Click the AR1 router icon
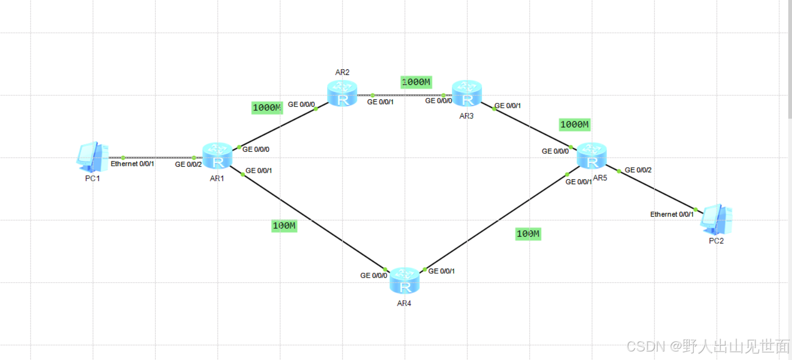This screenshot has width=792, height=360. tap(217, 156)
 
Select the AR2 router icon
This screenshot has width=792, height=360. tap(342, 93)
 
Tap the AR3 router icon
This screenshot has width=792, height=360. tap(467, 93)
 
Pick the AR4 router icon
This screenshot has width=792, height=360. tap(404, 281)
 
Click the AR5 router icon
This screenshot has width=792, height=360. tap(591, 156)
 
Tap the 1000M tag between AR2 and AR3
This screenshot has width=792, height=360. tap(416, 82)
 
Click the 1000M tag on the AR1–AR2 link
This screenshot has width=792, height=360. tap(267, 108)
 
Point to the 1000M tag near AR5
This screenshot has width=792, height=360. tap(574, 124)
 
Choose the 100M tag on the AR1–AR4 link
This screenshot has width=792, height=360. tap(284, 226)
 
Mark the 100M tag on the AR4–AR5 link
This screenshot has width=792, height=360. tap(528, 234)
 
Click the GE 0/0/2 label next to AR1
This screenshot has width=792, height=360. tap(188, 164)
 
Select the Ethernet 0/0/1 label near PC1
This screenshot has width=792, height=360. tap(132, 164)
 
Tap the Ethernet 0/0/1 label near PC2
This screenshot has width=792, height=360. tap(672, 214)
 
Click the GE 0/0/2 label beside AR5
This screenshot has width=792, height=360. tap(638, 170)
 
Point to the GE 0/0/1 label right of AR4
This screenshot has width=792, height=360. tap(441, 271)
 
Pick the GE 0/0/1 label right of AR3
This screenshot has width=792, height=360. tap(508, 106)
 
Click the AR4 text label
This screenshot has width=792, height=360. tap(404, 303)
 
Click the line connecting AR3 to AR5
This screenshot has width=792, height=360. tap(531, 127)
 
